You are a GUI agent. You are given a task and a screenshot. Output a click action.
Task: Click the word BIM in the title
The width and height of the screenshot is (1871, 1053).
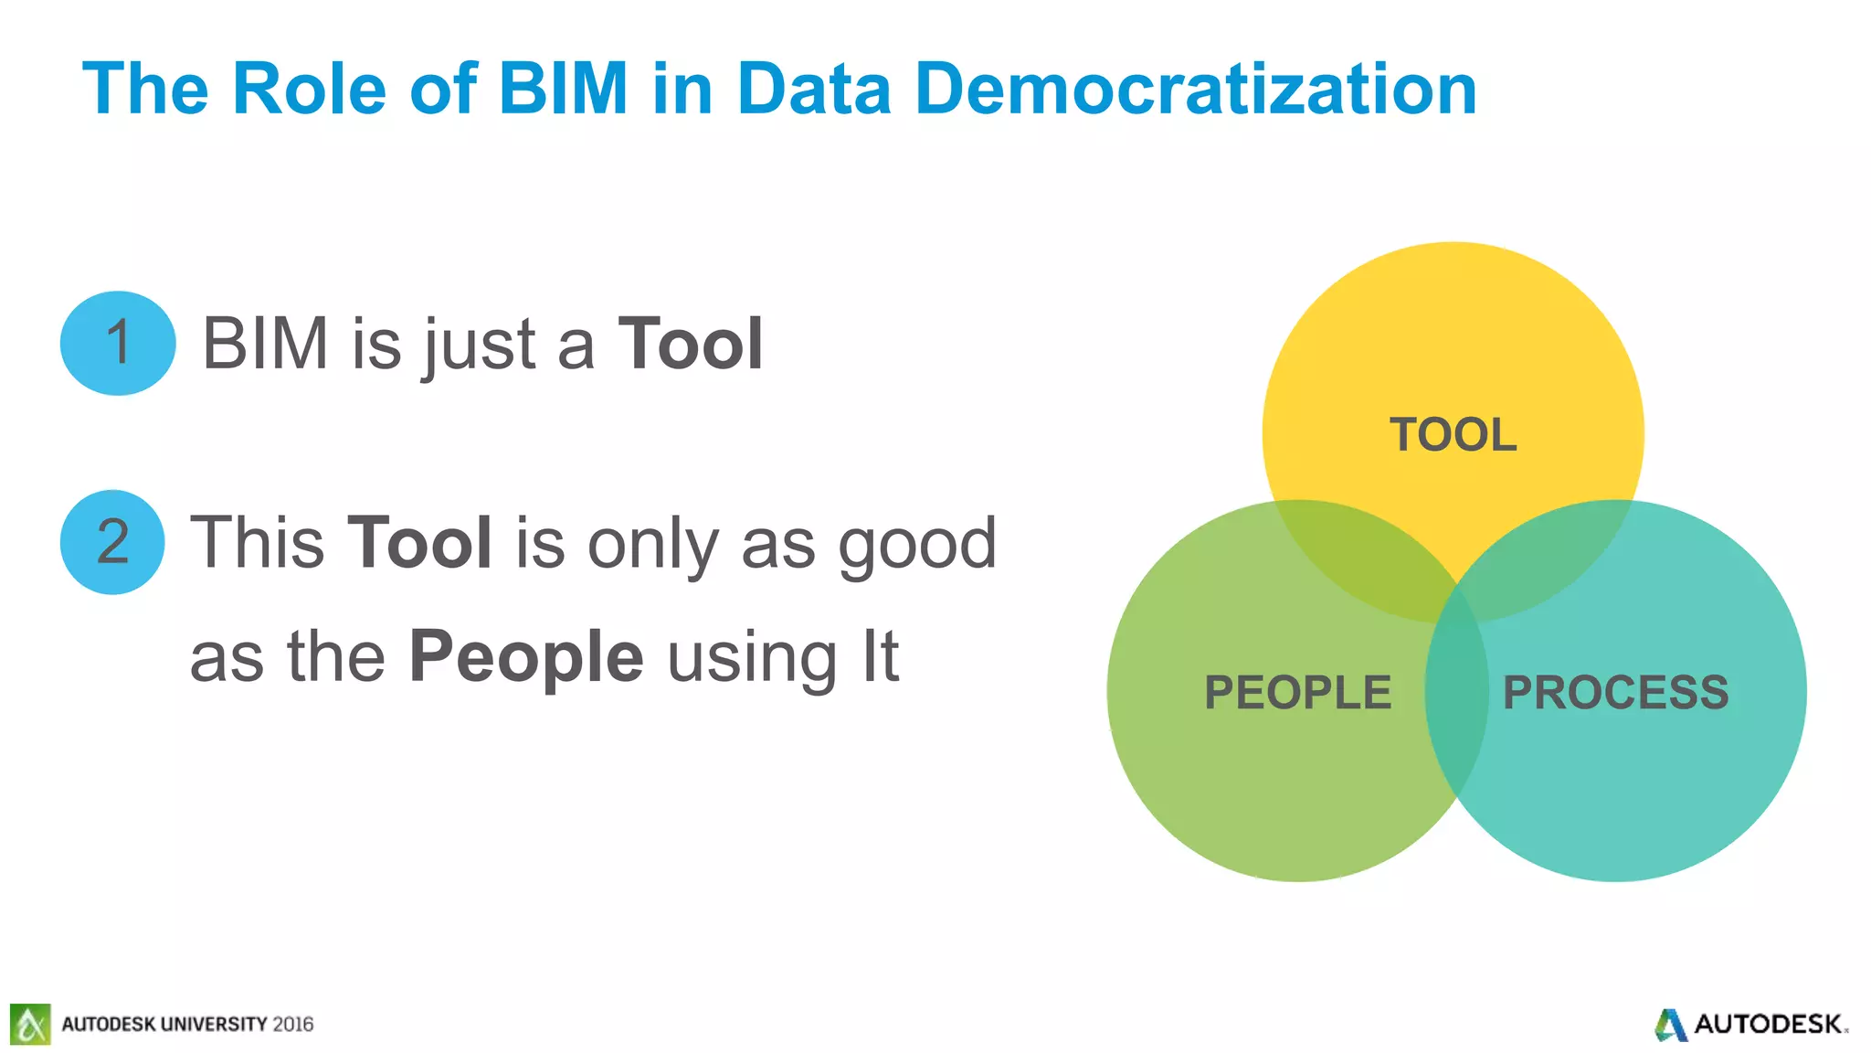tap(563, 89)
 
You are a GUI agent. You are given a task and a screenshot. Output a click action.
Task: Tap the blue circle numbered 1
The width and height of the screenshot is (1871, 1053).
tap(118, 344)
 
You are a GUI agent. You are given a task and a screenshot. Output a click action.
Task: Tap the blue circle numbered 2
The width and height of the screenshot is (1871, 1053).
tap(112, 542)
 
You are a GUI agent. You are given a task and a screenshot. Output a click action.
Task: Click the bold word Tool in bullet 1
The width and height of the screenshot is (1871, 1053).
tap(691, 345)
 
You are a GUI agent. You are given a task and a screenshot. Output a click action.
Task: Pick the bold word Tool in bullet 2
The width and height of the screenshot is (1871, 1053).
tap(420, 543)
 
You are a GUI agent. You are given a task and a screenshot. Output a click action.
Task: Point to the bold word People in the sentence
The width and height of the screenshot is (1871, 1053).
tap(526, 656)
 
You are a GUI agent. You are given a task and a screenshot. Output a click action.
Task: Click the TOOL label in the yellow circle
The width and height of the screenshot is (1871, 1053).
tap(1453, 434)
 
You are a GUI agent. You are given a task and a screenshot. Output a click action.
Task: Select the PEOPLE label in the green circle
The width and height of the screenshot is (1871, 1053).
tap(1297, 692)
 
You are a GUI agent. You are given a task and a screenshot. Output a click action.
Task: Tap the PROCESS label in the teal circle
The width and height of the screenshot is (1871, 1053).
tap(1615, 692)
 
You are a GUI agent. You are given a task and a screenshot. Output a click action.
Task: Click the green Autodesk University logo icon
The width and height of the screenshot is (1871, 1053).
tap(30, 1024)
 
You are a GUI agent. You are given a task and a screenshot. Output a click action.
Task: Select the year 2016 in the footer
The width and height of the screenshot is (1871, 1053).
tap(292, 1024)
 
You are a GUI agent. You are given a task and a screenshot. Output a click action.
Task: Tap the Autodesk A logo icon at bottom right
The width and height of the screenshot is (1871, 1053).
tap(1671, 1025)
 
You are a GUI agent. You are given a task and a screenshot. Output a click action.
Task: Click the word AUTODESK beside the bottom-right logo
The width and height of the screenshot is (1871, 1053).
tap(1768, 1025)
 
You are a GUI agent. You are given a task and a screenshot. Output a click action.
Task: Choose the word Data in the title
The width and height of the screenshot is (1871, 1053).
tap(813, 89)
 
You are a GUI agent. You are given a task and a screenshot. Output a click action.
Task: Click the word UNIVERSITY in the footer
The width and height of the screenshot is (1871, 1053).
tap(214, 1024)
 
